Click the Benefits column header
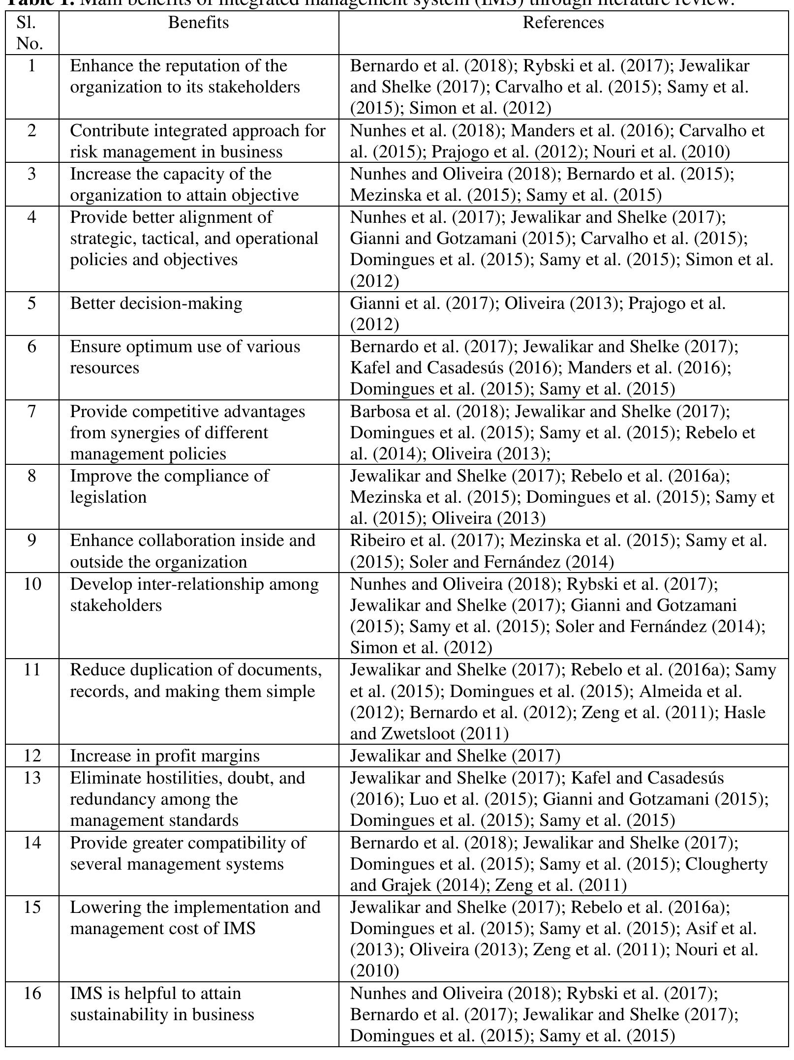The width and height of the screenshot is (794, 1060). coord(198,23)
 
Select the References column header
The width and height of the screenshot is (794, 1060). coord(563,23)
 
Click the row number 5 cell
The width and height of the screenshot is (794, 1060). coord(31,303)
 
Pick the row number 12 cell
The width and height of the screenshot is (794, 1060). coord(31,756)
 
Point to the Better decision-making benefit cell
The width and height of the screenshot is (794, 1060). coord(156,303)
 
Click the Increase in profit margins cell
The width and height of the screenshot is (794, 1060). coord(165,756)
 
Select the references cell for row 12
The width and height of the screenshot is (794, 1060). coord(455,756)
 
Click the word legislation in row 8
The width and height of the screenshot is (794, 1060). coord(108,497)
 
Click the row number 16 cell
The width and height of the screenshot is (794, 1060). coord(31,994)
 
